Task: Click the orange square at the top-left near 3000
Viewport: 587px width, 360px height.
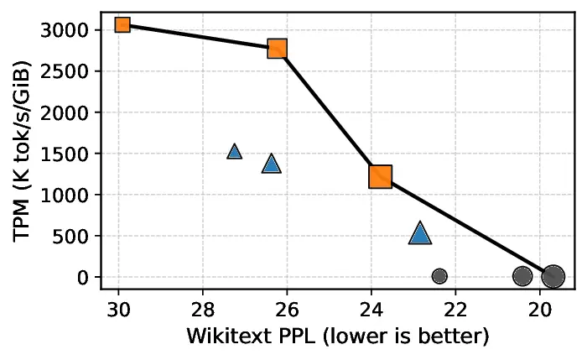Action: pyautogui.click(x=122, y=24)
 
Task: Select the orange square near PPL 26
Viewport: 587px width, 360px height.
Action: pyautogui.click(x=278, y=49)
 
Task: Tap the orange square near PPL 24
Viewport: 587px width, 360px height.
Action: pyautogui.click(x=381, y=177)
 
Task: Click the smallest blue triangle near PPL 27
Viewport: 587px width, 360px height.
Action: pyautogui.click(x=235, y=152)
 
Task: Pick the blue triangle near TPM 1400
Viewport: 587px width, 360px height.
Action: pyautogui.click(x=271, y=164)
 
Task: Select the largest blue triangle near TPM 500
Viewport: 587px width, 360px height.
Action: pyautogui.click(x=420, y=234)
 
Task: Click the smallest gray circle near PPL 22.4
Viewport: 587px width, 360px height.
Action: pyautogui.click(x=439, y=275)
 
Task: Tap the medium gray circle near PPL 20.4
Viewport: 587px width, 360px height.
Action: pyautogui.click(x=522, y=275)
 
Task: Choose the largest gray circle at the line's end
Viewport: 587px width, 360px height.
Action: pyautogui.click(x=553, y=276)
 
